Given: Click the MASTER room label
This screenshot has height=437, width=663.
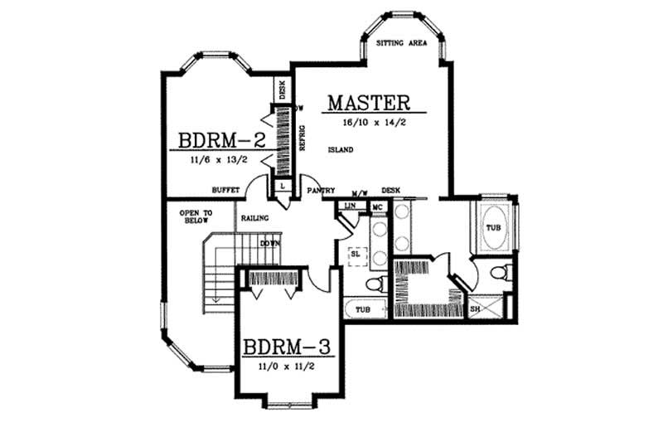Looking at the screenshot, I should point(369,103).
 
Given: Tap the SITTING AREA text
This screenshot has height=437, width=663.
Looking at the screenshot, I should point(401,42).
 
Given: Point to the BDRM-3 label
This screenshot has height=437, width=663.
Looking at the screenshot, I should point(287,346).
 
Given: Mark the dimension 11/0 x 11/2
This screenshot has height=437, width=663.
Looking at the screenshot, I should point(287,366).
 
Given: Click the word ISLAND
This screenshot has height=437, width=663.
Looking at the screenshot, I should point(341,150).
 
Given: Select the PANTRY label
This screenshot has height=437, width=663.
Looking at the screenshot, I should point(320,190).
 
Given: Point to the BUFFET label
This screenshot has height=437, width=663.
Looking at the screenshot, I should point(225,190).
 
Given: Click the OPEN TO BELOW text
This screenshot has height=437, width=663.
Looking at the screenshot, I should point(196,217).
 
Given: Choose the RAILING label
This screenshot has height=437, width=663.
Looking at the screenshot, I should point(254,219).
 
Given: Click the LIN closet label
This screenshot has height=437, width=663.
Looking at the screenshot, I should point(350,204).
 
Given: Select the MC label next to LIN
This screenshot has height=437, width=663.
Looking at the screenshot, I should point(377,205).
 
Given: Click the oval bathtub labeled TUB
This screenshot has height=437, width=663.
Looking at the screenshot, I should point(494,228).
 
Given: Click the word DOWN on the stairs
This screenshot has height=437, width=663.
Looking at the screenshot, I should point(269,243).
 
